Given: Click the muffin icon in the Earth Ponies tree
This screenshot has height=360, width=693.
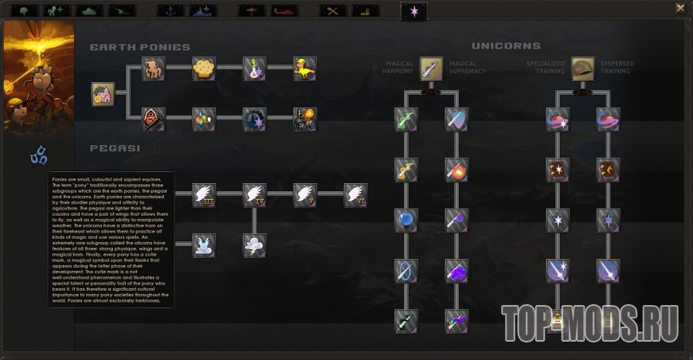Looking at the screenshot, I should click(204, 68).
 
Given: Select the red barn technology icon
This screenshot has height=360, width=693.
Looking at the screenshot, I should click(154, 119).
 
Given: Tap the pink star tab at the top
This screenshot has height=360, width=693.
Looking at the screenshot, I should click(413, 10).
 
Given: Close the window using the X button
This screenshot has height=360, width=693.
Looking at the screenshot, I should click(680, 8).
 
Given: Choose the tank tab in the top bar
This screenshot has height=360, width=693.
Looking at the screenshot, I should click(88, 10).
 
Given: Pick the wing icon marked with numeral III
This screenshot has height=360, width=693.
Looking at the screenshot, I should click(204, 195).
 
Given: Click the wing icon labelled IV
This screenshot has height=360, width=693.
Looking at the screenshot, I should click(255, 195).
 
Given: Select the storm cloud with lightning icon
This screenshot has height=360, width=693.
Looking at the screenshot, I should click(255, 245).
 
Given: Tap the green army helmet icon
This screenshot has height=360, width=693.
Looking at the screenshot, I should click(582, 68).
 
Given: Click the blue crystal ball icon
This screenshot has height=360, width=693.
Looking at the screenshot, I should click(406, 221).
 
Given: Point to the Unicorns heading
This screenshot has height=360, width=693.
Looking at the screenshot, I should click(506, 46).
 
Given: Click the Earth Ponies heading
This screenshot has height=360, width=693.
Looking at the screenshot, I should click(139, 47).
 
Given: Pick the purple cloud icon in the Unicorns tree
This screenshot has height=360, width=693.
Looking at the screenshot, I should click(456, 272).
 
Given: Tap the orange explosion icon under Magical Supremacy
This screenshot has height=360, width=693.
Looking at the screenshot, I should click(456, 170).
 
